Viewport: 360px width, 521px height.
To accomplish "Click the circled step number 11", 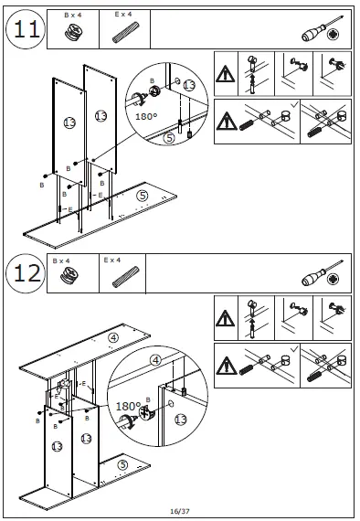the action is pyautogui.click(x=26, y=29).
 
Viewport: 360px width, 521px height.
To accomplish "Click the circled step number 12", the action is pyautogui.click(x=26, y=273).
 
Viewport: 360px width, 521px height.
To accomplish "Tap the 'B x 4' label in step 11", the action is pyautogui.click(x=73, y=15).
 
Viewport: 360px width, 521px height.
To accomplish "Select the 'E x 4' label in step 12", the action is pyautogui.click(x=111, y=260).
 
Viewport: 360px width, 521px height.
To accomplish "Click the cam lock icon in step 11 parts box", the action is pyautogui.click(x=73, y=33).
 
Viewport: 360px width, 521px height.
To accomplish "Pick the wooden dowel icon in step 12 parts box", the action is pyautogui.click(x=125, y=277).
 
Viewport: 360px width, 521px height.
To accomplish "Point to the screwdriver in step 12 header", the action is pyautogui.click(x=322, y=273).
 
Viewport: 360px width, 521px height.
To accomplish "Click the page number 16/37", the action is pyautogui.click(x=180, y=511).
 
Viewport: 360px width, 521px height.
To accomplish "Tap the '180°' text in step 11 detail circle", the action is pyautogui.click(x=146, y=117).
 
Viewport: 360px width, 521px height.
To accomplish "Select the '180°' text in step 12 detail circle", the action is pyautogui.click(x=128, y=406).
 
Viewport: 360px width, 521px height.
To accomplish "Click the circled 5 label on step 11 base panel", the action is pyautogui.click(x=143, y=196).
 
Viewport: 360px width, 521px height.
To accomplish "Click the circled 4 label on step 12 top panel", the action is pyautogui.click(x=113, y=338).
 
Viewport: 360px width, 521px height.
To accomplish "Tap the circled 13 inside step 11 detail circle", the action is pyautogui.click(x=189, y=85).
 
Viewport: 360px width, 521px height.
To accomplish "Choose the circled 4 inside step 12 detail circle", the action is pyautogui.click(x=155, y=360).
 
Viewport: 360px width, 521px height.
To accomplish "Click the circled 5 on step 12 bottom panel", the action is pyautogui.click(x=122, y=465).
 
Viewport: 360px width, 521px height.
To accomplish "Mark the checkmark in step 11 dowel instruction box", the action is pyautogui.click(x=294, y=105).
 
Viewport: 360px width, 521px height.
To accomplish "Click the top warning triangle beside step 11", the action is pyautogui.click(x=226, y=74).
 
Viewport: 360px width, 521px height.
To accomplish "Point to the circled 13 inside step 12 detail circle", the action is pyautogui.click(x=181, y=420).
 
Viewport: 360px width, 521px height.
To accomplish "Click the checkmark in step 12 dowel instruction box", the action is pyautogui.click(x=294, y=349).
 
